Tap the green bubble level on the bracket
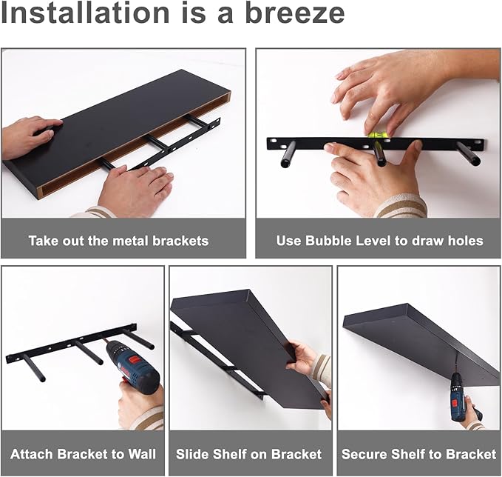click(x=377, y=134)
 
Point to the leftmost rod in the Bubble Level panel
click(x=288, y=155)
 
